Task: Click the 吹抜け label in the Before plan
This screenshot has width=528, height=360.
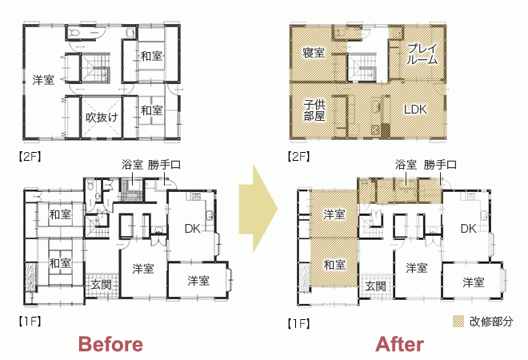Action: click(x=102, y=117)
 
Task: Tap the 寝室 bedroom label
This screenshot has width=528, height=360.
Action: click(x=314, y=53)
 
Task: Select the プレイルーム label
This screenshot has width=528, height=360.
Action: click(x=422, y=54)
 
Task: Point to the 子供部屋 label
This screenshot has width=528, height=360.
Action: click(x=314, y=110)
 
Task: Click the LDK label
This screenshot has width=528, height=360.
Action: click(x=415, y=110)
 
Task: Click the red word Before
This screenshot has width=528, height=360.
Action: click(x=110, y=345)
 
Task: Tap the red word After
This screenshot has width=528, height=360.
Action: click(x=399, y=345)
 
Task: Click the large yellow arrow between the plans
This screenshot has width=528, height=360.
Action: click(x=258, y=209)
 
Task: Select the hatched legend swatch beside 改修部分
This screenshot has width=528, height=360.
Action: click(x=458, y=322)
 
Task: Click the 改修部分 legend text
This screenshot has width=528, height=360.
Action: click(x=491, y=322)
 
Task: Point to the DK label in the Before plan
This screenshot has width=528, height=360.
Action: click(x=193, y=229)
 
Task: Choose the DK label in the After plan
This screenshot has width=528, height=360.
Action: click(x=468, y=229)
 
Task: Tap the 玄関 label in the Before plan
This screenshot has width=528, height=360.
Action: click(x=101, y=285)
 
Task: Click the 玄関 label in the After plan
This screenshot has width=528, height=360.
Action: click(x=375, y=286)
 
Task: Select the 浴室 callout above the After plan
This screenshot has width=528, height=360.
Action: click(x=406, y=165)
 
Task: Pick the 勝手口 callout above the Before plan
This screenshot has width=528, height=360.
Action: click(x=164, y=165)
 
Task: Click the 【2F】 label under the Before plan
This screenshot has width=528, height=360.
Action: click(x=30, y=156)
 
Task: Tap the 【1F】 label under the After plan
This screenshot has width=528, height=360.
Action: click(x=298, y=324)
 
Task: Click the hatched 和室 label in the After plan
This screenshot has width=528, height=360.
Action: click(x=334, y=265)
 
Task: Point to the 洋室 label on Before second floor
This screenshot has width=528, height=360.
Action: click(x=43, y=80)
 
